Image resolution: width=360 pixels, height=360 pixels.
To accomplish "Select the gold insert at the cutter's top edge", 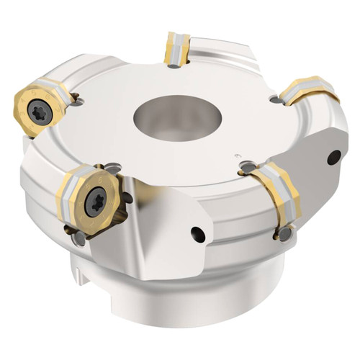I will pyautogui.click(x=175, y=48).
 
